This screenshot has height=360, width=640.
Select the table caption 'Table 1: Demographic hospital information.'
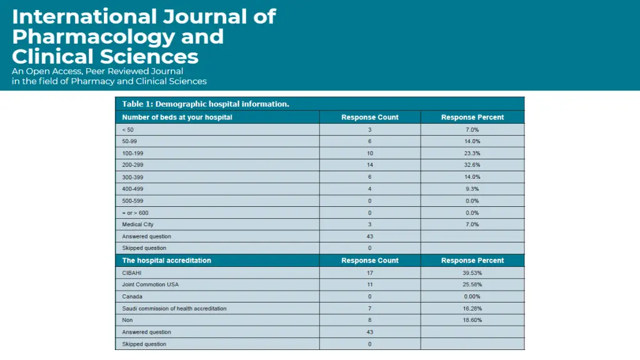coord(206,104)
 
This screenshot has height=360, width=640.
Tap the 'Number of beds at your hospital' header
coord(177,117)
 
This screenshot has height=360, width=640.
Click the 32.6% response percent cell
coord(472,165)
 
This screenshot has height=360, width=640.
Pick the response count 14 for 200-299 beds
coord(369,165)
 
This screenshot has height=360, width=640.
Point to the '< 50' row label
coord(128,129)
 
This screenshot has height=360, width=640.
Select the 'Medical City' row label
coord(137,224)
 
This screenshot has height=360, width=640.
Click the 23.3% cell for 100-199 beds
coord(472,153)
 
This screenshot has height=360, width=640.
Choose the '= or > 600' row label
coord(135,212)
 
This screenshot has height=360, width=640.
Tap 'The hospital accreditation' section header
coord(166,261)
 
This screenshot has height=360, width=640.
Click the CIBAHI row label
coord(132,272)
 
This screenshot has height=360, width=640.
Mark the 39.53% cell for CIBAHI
coord(472,272)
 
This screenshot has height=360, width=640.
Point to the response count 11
coord(369,284)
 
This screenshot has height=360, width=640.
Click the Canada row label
coord(132,296)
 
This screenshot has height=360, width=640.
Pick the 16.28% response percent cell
coord(472,308)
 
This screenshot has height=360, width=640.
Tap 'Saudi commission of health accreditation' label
coord(174,308)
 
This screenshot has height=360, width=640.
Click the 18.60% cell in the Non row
coord(472,320)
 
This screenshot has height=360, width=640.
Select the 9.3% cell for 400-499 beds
coord(472,189)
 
